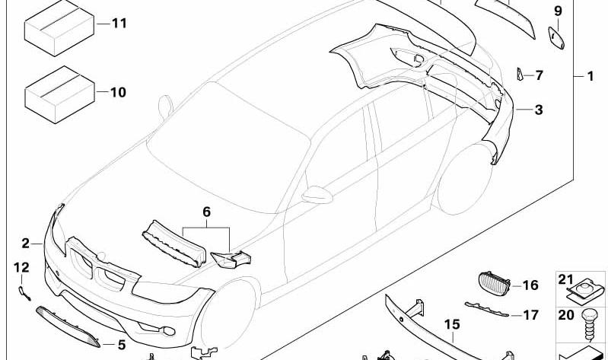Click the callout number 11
pyautogui.click(x=119, y=24)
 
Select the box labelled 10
pyautogui.click(x=59, y=94)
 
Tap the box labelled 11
pyautogui.click(x=59, y=28)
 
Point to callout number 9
pyautogui.click(x=558, y=11)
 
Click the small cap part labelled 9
pyautogui.click(x=556, y=37)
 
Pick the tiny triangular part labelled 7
pyautogui.click(x=520, y=74)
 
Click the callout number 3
pyautogui.click(x=539, y=110)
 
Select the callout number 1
pyautogui.click(x=590, y=76)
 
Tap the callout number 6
pyautogui.click(x=206, y=212)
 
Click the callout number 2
pyautogui.click(x=26, y=244)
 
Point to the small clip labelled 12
pyautogui.click(x=24, y=292)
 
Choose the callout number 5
pyautogui.click(x=122, y=344)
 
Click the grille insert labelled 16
pyautogui.click(x=494, y=285)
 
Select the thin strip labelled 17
pyautogui.click(x=487, y=310)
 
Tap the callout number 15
pyautogui.click(x=452, y=324)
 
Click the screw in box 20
pyautogui.click(x=589, y=325)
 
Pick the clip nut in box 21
pyautogui.click(x=585, y=292)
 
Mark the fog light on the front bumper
pyautogui.click(x=169, y=331)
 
